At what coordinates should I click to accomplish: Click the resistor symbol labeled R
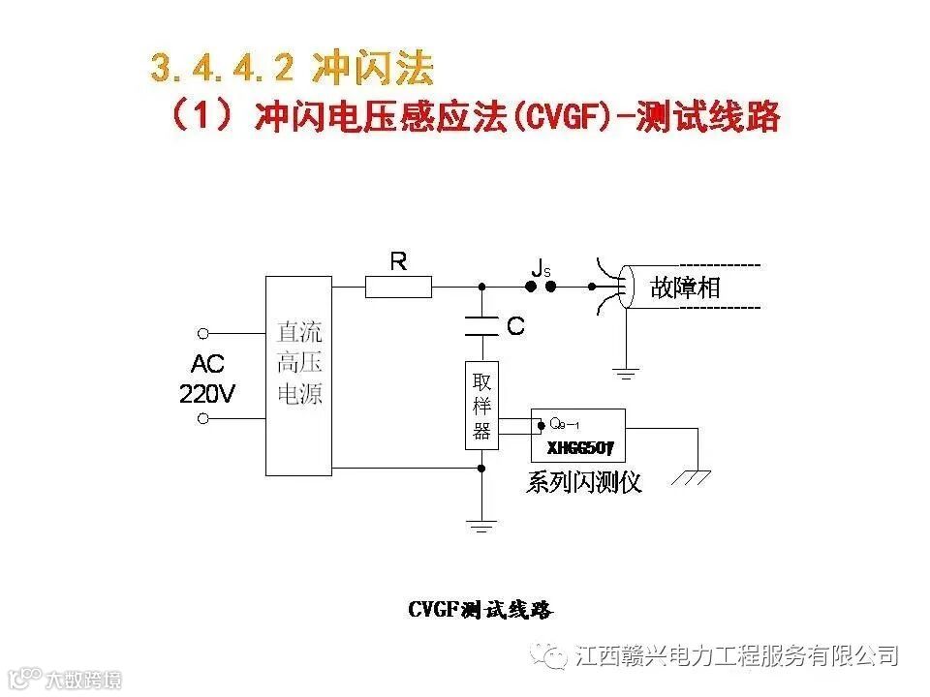[398, 287]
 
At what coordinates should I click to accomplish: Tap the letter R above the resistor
[398, 260]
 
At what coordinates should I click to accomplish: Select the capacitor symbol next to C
[481, 325]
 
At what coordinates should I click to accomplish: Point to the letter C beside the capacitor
[515, 326]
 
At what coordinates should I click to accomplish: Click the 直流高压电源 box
[299, 376]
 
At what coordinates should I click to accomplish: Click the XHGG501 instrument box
[577, 435]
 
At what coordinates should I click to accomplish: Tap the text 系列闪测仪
[584, 482]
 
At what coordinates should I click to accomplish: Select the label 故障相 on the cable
[685, 288]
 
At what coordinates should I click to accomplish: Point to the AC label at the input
[207, 365]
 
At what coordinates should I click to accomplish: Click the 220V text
[207, 393]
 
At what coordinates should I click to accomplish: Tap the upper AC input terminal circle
[203, 334]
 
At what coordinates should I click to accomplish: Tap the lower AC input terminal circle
[203, 418]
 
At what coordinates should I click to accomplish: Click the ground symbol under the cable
[627, 372]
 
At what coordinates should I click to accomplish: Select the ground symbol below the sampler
[481, 526]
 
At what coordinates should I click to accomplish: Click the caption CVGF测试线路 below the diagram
[480, 610]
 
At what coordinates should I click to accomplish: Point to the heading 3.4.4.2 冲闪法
[292, 68]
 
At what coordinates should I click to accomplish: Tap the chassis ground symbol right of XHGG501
[694, 475]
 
